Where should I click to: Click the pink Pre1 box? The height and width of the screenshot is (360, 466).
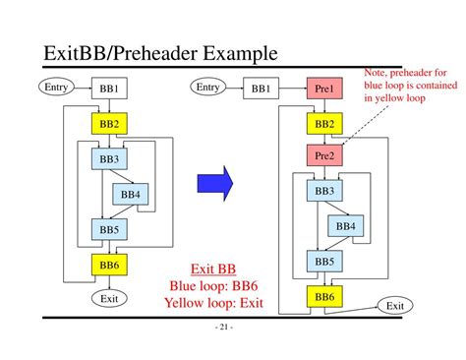[x=324, y=90]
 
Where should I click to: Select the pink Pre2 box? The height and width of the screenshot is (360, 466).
[x=324, y=155]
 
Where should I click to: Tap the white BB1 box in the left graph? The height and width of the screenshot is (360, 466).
[x=109, y=90]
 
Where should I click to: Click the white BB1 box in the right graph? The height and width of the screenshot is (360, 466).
[x=261, y=90]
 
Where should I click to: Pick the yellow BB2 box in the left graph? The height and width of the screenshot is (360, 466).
[x=109, y=123]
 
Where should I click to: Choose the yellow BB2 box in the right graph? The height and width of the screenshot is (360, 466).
[x=324, y=123]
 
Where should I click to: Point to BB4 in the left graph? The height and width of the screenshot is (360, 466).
[x=131, y=195]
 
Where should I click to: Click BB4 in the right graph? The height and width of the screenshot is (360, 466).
[x=346, y=227]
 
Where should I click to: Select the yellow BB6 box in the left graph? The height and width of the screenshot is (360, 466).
[x=109, y=264]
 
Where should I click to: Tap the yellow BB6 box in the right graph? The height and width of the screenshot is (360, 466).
[x=324, y=295]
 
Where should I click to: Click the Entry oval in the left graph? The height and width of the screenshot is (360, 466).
[x=56, y=88]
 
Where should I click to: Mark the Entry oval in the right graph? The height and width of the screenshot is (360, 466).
[x=207, y=88]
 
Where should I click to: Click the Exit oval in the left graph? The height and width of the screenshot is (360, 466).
[x=109, y=297]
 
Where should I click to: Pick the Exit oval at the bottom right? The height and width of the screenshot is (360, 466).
[x=394, y=306]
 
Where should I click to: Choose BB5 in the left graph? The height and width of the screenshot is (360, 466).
[x=109, y=229]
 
